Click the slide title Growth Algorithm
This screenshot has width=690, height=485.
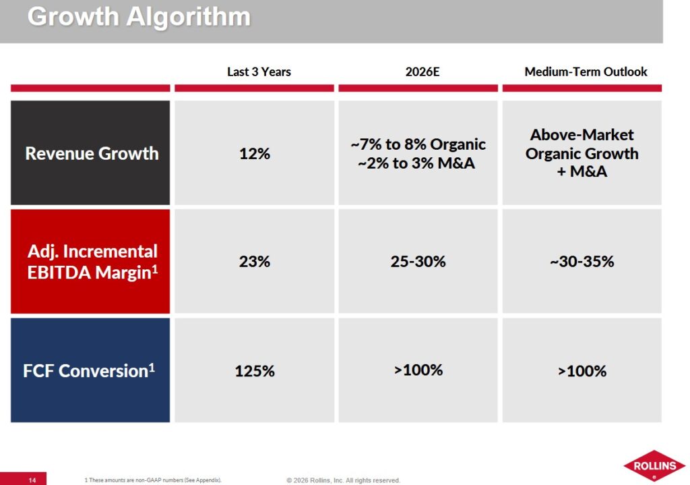[139, 17]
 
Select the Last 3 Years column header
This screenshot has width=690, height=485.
[259, 72]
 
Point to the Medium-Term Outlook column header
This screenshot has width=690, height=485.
[586, 72]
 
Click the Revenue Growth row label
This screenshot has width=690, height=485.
[92, 153]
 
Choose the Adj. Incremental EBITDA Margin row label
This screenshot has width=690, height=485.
[92, 262]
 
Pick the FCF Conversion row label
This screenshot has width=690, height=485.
[89, 371]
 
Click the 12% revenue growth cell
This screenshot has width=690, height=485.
[254, 154]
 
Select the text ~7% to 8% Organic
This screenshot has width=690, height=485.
[418, 144]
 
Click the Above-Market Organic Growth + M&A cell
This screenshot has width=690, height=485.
[582, 153]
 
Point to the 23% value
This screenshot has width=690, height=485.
[254, 262]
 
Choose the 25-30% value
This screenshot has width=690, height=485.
[418, 262]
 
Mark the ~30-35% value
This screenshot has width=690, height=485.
[582, 262]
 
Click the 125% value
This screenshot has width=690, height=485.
[254, 371]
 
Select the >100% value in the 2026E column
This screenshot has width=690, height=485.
[418, 370]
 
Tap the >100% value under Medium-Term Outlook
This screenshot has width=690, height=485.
[582, 371]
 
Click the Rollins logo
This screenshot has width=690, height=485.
[654, 465]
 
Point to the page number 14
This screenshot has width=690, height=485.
[32, 480]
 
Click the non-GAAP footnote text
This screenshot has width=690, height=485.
[153, 480]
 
